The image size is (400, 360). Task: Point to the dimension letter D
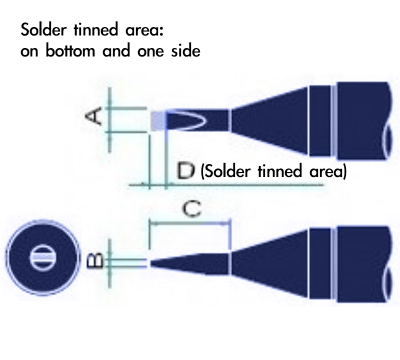click(x=185, y=172)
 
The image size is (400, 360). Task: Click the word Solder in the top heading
click(x=41, y=30)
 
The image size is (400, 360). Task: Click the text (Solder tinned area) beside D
click(x=273, y=172)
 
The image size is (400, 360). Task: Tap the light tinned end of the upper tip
click(x=157, y=121)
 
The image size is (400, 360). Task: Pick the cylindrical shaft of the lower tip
click(x=360, y=262)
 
